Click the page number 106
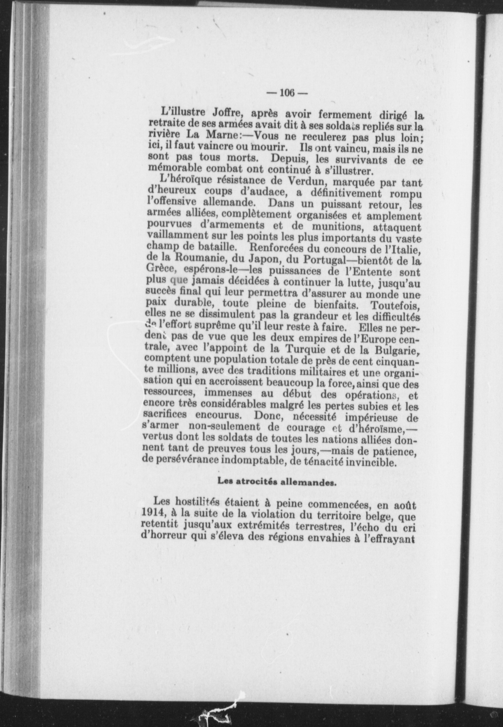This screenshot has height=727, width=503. (x=287, y=93)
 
